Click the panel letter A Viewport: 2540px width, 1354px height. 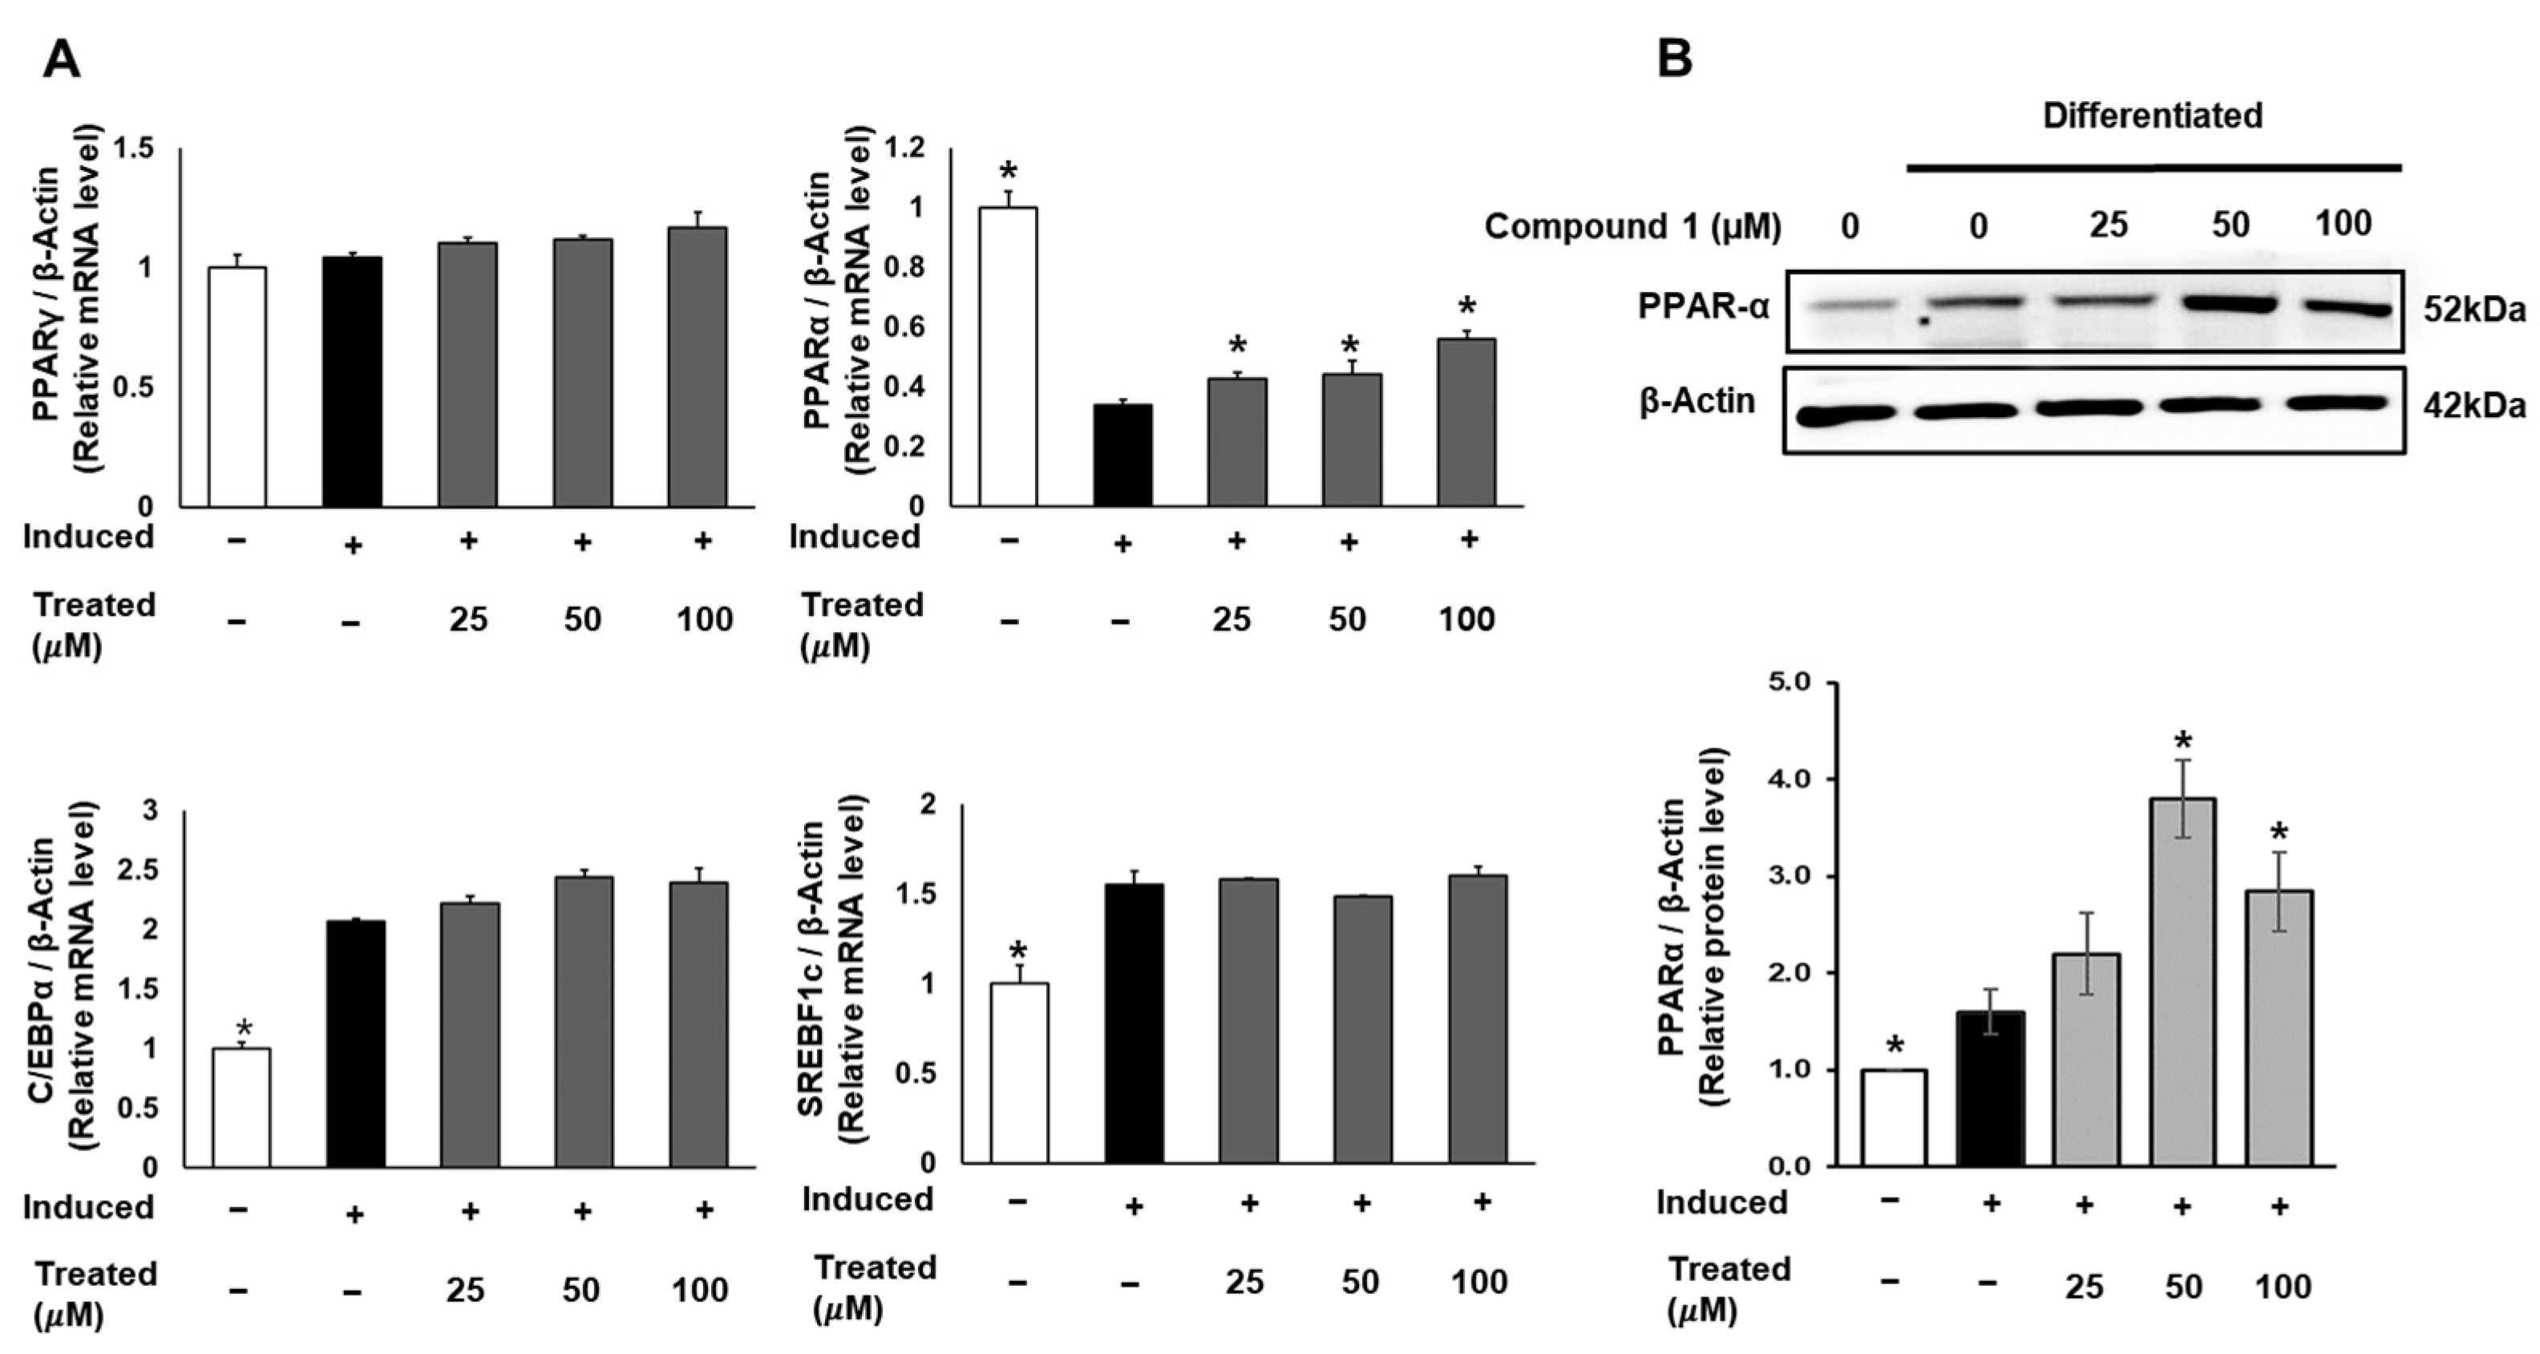[61, 60]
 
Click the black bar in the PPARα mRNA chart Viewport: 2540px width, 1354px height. [1122, 456]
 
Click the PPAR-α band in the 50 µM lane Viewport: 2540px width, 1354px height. [2231, 306]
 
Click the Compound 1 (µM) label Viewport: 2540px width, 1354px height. [1632, 227]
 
